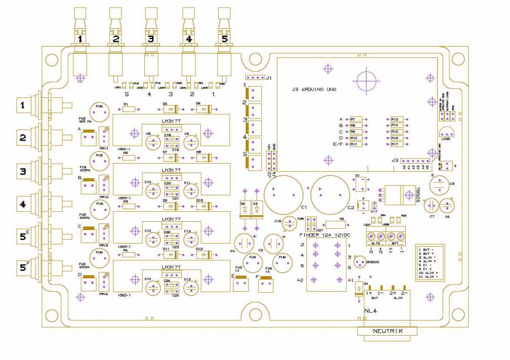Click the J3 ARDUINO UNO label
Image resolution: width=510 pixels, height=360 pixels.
point(315,89)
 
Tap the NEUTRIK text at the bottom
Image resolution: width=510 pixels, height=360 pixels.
point(387,331)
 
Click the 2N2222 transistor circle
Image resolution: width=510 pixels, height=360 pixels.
point(360,262)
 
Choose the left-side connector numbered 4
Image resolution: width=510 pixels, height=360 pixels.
point(23,205)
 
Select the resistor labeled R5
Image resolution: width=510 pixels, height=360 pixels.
point(335,224)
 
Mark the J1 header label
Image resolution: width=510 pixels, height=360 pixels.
point(269,78)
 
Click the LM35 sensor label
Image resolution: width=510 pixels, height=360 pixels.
point(446,138)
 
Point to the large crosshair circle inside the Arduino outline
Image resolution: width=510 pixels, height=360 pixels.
point(366,79)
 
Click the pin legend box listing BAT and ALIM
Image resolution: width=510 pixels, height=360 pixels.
point(431,263)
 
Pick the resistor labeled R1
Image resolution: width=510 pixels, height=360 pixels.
point(129,108)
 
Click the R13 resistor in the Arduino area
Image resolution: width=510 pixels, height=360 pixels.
point(395,119)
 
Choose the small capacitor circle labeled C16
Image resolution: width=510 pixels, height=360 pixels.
point(289,223)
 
